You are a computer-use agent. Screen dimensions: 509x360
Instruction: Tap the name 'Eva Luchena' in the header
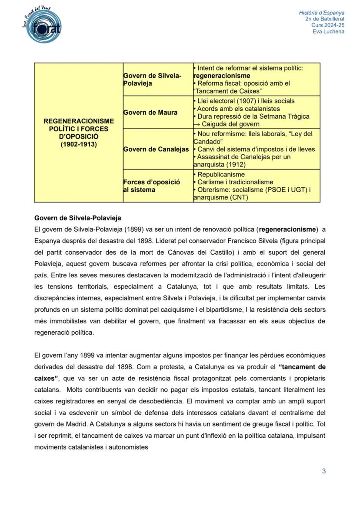(x=328, y=32)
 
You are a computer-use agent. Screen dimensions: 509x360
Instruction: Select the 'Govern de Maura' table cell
(x=150, y=112)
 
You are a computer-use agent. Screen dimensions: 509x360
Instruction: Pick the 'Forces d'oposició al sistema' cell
(x=151, y=186)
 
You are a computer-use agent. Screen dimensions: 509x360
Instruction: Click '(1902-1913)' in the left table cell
(x=79, y=144)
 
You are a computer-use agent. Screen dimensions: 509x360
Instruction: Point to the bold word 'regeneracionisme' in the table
(x=222, y=76)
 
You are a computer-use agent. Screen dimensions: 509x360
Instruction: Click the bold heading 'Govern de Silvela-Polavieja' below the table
(x=77, y=218)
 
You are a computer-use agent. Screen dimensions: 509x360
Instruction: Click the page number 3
(x=324, y=471)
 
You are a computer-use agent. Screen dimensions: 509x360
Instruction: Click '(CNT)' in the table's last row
(x=239, y=197)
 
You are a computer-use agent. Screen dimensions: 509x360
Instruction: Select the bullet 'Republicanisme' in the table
(x=221, y=174)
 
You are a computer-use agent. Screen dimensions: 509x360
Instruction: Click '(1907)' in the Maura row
(x=247, y=101)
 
